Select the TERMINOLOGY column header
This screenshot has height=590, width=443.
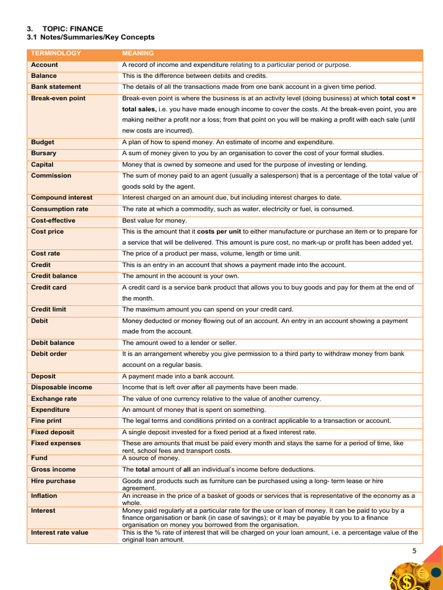pyautogui.click(x=56, y=54)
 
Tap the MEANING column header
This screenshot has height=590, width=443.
pyautogui.click(x=138, y=54)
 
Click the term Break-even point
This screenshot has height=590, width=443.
pyautogui.click(x=58, y=99)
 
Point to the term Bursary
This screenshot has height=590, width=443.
pyautogui.click(x=44, y=153)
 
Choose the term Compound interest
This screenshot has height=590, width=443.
pyautogui.click(x=62, y=198)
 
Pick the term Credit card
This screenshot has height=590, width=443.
pyautogui.click(x=48, y=287)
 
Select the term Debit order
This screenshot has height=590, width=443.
pyautogui.click(x=49, y=354)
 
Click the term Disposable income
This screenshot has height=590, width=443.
pyautogui.click(x=61, y=387)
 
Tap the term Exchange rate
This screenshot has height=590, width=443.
pyautogui.click(x=54, y=399)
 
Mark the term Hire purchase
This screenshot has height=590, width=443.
pyautogui.click(x=53, y=481)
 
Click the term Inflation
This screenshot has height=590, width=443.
pyautogui.click(x=44, y=496)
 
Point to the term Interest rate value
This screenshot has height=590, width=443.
pyautogui.click(x=59, y=532)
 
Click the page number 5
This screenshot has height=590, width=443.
pyautogui.click(x=414, y=551)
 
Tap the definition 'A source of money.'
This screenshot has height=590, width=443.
pyautogui.click(x=151, y=458)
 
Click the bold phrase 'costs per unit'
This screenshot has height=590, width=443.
pyautogui.click(x=219, y=232)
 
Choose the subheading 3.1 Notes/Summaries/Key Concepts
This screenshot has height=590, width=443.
pyautogui.click(x=91, y=37)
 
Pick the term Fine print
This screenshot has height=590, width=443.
pyautogui.click(x=46, y=421)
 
